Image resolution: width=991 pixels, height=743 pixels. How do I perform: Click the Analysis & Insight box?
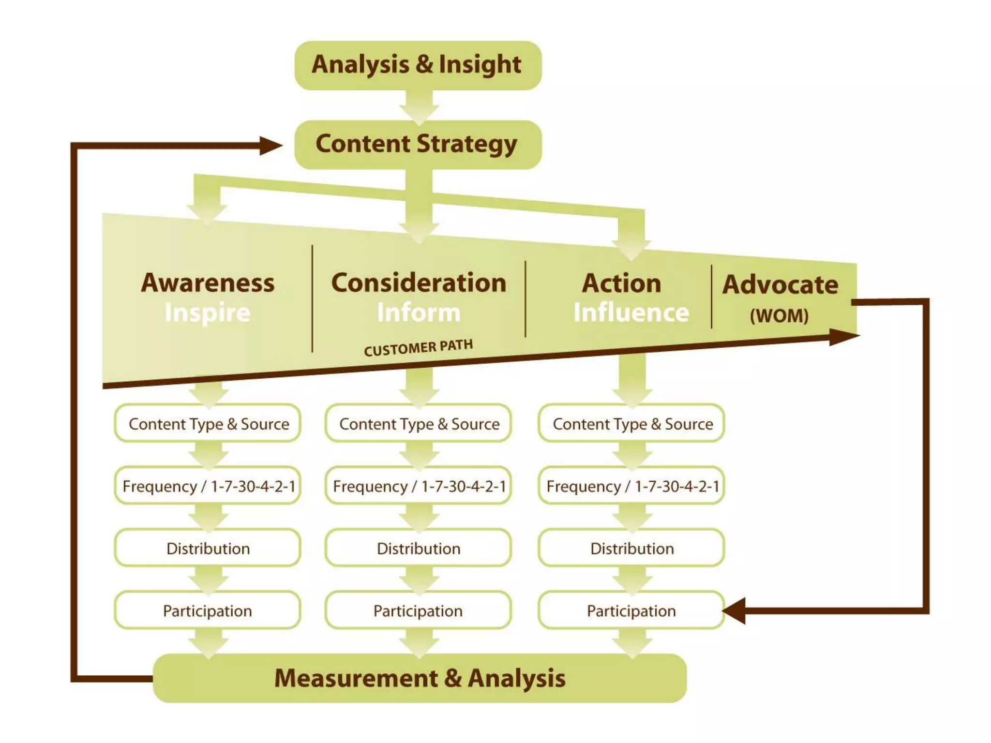418,65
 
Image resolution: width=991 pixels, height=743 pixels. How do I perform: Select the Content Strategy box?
418,145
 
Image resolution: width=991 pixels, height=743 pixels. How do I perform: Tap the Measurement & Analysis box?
420,678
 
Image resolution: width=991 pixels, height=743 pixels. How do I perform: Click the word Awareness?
208,283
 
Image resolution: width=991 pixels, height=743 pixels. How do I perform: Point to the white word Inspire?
208,312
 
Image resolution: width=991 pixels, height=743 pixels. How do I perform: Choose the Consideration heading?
419,283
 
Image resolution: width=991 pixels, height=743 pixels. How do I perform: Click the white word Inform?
419,312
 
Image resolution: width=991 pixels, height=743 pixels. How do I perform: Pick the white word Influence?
631,312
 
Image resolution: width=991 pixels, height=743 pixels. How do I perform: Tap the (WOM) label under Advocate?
779,316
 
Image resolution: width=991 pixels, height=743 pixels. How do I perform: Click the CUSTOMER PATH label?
418,347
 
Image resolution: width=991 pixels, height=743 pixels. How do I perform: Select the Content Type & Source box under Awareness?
208,424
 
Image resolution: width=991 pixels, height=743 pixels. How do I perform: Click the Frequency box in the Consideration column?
419,486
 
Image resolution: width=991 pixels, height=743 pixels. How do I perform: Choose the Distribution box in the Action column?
631,548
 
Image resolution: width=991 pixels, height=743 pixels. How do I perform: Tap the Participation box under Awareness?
208,610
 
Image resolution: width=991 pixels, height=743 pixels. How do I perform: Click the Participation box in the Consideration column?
419,610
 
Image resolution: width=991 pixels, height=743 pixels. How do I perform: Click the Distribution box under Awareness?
208,548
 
